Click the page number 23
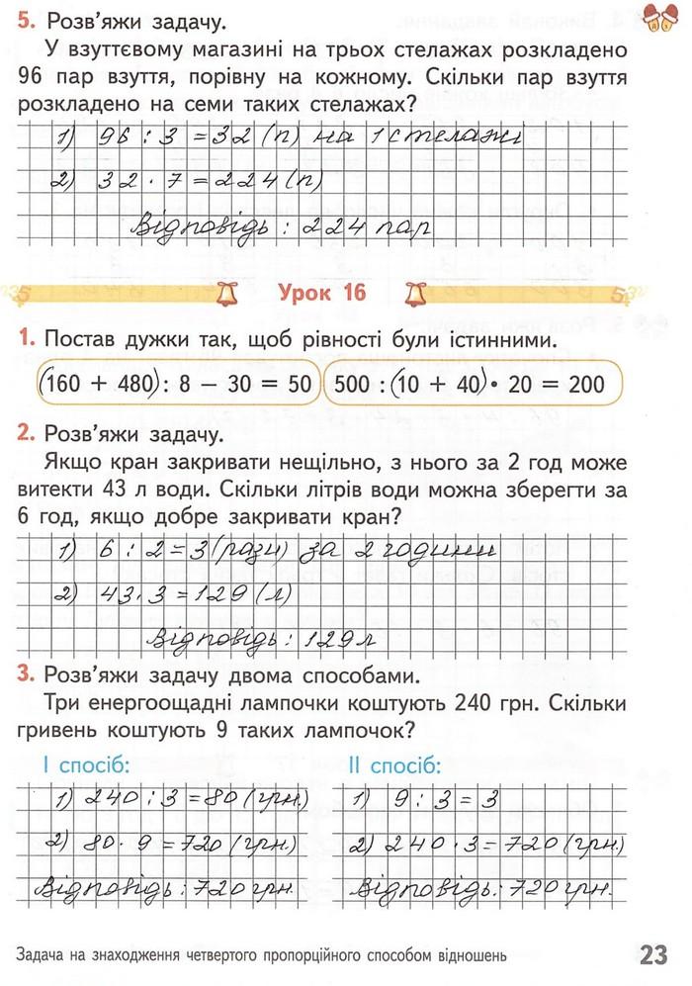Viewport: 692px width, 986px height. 653,955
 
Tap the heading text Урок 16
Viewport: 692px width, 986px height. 322,293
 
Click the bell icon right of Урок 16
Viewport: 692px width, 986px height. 413,293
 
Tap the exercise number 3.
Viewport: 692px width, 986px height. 26,676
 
